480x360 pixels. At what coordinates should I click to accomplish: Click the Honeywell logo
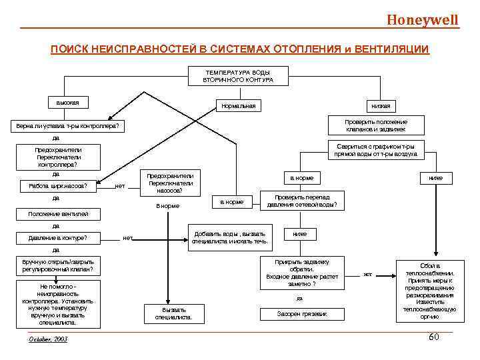click(423, 19)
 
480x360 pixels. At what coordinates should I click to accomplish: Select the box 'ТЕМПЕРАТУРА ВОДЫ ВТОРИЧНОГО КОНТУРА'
click(238, 76)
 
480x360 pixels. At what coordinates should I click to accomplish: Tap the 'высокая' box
click(68, 103)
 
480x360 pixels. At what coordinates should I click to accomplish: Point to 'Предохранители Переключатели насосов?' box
click(170, 182)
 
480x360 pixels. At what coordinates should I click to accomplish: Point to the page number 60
click(433, 337)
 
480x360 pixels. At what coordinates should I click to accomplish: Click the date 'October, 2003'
click(49, 339)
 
